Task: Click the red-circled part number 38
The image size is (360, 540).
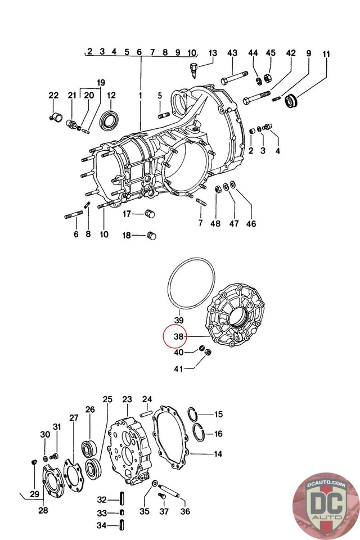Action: coord(179,337)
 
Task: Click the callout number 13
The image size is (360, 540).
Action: coord(212,53)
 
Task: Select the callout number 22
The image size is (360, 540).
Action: coord(53,96)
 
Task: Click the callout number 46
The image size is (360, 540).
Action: coord(251,223)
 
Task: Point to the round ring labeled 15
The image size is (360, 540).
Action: coord(192,415)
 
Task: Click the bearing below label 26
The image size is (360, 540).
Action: coord(89,449)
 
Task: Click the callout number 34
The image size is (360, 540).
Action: coord(101,525)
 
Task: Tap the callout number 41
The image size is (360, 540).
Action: coord(179,369)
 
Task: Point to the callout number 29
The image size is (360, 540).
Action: coord(34,494)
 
